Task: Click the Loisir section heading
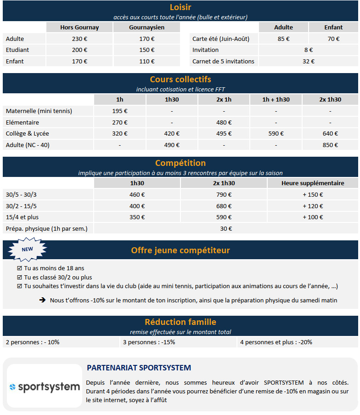click(x=180, y=7)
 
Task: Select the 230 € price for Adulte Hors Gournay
click(x=79, y=39)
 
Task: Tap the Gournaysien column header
click(x=147, y=28)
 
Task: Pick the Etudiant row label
click(x=17, y=50)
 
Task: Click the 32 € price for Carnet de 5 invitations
click(x=309, y=61)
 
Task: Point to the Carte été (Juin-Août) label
click(x=221, y=39)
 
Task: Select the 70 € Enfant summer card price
click(x=333, y=39)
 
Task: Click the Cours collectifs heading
click(x=180, y=80)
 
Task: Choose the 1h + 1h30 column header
click(x=276, y=100)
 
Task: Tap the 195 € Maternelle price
click(x=120, y=111)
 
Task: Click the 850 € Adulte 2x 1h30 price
click(x=330, y=145)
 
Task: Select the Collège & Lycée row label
click(x=28, y=134)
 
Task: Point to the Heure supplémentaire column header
click(x=313, y=183)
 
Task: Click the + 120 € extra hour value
click(x=313, y=206)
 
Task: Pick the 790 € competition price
click(x=224, y=195)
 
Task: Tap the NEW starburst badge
click(x=28, y=250)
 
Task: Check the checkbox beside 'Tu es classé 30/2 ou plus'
click(x=19, y=278)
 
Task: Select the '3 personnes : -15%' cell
click(x=149, y=342)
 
